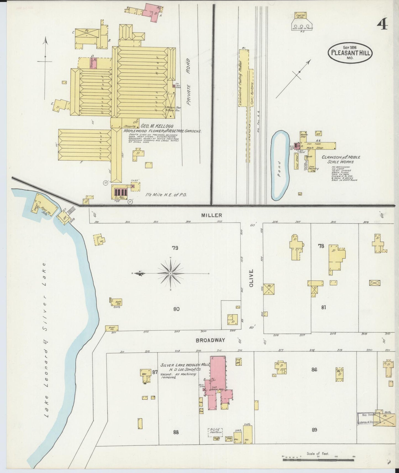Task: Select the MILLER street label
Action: point(212,215)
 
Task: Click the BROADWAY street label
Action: point(210,340)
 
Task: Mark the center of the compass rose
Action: point(170,273)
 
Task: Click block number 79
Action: point(175,248)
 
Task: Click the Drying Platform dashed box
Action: point(215,432)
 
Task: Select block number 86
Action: point(314,370)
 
